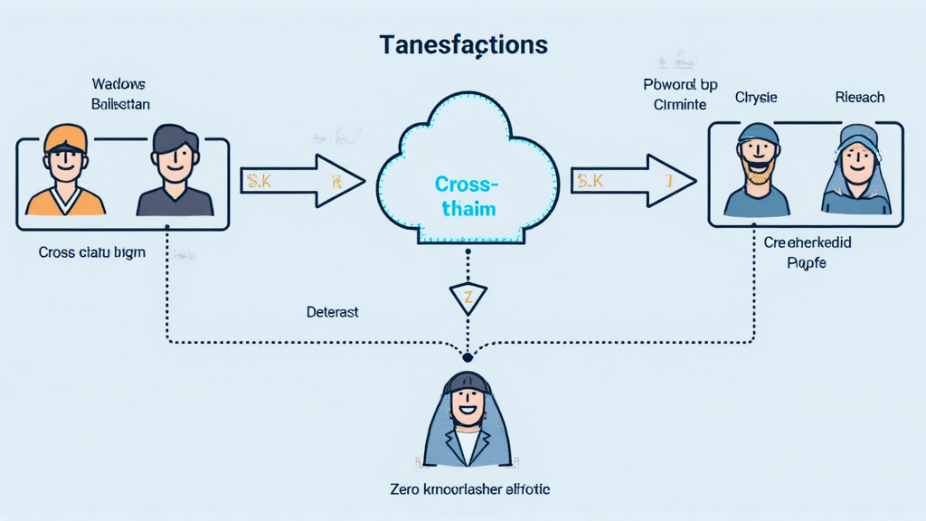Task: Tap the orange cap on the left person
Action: [x=65, y=137]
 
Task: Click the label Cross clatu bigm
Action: [x=91, y=252]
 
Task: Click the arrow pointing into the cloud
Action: [x=303, y=181]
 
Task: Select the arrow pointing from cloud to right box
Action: [x=633, y=181]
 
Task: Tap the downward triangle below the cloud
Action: [x=468, y=298]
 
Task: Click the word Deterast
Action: [x=332, y=312]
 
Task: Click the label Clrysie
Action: [x=756, y=97]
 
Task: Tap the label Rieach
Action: [x=859, y=97]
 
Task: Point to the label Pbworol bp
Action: [x=679, y=85]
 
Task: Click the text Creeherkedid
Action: [x=808, y=242]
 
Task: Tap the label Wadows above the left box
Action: [x=119, y=84]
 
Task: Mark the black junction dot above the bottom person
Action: [x=468, y=355]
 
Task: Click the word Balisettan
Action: [x=120, y=104]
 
